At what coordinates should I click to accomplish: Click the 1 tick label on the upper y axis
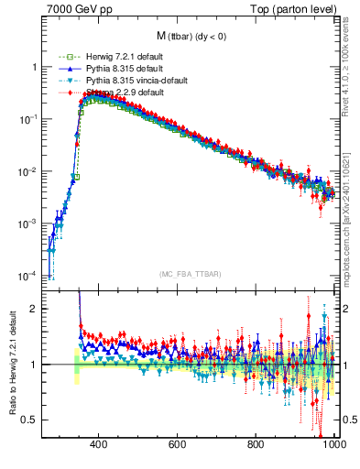point(35,68)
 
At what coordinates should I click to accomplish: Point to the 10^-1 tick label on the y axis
point(29,119)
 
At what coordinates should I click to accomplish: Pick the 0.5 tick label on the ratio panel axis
point(31,420)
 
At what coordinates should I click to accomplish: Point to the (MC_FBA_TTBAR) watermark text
point(190,275)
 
